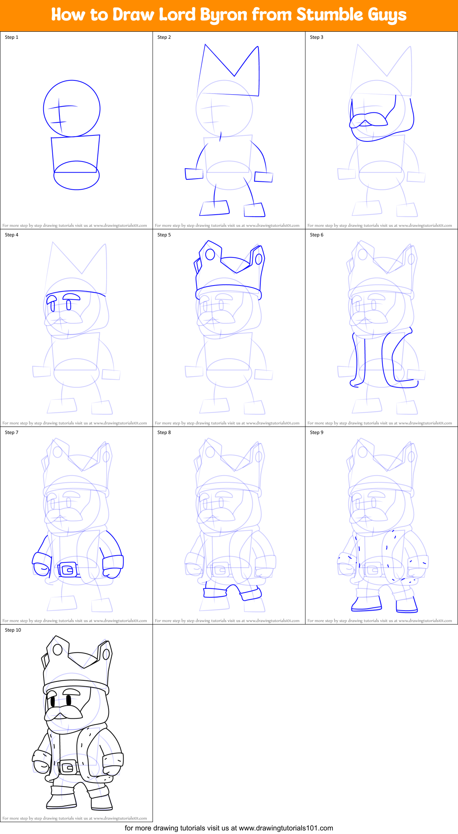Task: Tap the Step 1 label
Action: coord(11,37)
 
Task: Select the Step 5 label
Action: coord(164,235)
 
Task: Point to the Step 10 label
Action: coord(13,630)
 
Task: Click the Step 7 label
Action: coord(11,432)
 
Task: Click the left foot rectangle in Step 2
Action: coord(214,209)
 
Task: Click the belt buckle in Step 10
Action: coord(68,768)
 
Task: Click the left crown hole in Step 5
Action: coord(210,254)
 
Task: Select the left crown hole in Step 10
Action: coord(58,649)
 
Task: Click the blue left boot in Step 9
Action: coord(366,604)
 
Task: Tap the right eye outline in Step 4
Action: coord(69,305)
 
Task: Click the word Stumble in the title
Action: coord(330,15)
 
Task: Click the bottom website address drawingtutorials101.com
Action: coord(286,828)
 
